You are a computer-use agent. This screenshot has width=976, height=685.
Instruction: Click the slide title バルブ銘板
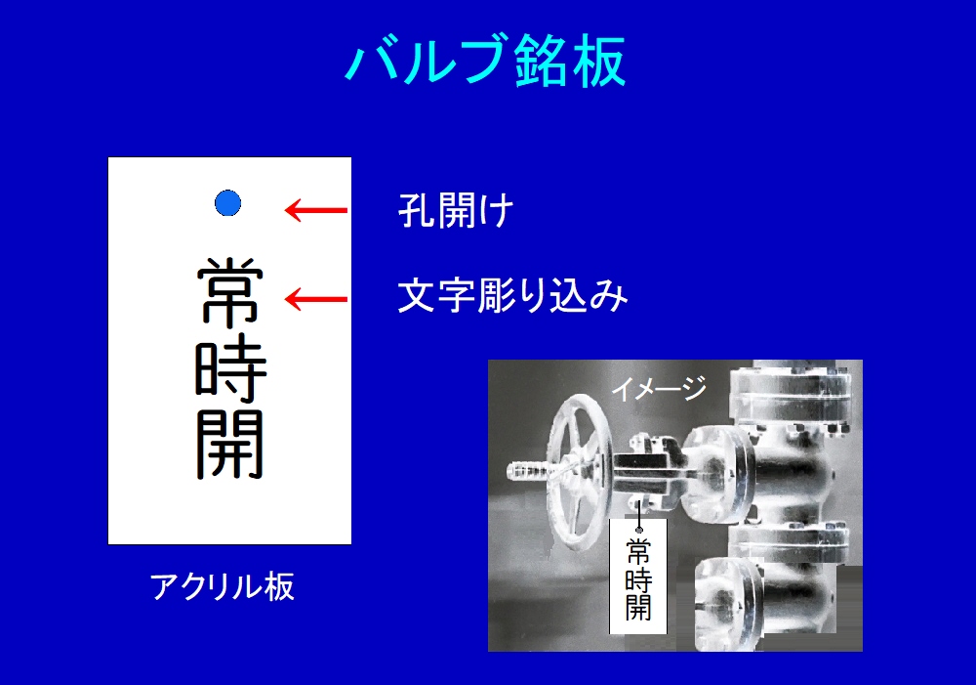[485, 61]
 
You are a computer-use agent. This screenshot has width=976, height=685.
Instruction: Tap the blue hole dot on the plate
[227, 203]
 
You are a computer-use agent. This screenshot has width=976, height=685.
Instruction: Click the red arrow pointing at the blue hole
[316, 210]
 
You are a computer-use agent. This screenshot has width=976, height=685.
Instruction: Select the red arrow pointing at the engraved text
[316, 299]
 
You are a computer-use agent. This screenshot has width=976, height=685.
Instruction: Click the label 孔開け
[456, 210]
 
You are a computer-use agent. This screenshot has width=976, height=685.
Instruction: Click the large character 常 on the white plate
[230, 292]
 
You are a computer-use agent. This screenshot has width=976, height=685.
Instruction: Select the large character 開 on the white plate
[230, 444]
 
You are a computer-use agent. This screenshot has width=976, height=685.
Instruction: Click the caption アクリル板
[223, 586]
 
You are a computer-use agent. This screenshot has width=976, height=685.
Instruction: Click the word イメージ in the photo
[659, 388]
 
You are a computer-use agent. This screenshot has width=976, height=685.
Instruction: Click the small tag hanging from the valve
[638, 576]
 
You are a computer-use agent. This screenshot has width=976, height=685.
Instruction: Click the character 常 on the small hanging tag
[638, 551]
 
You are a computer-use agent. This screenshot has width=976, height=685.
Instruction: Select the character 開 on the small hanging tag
[638, 608]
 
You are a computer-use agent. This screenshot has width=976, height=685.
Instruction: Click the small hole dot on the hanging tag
[638, 530]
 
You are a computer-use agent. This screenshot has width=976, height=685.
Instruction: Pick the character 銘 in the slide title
[541, 61]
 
